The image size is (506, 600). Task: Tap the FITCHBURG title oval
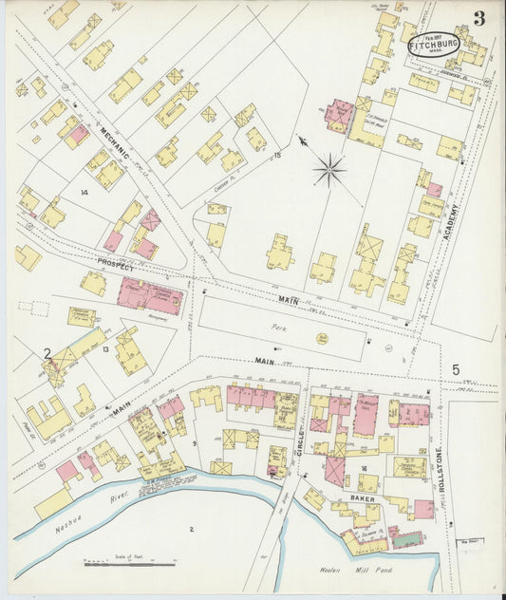click(x=433, y=44)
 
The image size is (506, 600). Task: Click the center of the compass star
click(x=329, y=171)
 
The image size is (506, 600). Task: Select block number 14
click(x=84, y=194)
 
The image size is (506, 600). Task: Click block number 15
click(x=277, y=154)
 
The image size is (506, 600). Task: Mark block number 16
click(x=363, y=468)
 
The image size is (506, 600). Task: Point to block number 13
click(x=106, y=350)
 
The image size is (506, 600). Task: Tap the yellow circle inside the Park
click(x=322, y=338)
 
